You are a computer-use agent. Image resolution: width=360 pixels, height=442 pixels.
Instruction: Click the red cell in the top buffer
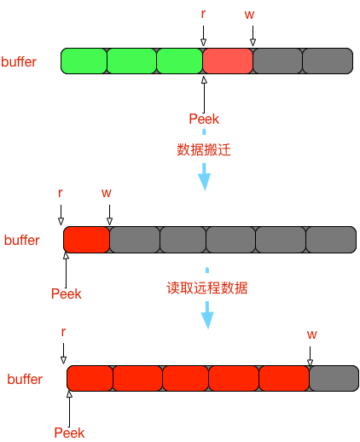[x=228, y=61]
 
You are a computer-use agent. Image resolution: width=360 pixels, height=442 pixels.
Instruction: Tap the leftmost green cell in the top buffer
[x=84, y=61]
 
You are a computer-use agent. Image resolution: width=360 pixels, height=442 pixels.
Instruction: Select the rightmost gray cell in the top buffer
[x=328, y=61]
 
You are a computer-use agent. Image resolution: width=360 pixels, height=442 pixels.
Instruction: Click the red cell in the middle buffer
[x=86, y=240]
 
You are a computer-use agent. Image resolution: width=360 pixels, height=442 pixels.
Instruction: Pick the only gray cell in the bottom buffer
[x=334, y=378]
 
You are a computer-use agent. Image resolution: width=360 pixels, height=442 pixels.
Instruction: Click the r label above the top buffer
[x=203, y=14]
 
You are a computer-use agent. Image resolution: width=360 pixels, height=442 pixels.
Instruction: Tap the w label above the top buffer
[x=249, y=15]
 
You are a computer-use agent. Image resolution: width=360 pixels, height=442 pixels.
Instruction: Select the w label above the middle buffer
[x=107, y=193]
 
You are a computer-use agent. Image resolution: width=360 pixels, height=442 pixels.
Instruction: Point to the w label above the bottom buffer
[x=311, y=334]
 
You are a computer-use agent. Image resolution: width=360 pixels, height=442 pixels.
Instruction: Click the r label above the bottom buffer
[x=63, y=332]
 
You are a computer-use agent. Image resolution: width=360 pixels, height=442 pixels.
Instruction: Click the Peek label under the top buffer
[x=204, y=119]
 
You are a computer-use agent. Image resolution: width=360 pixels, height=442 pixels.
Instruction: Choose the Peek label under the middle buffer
[x=67, y=294]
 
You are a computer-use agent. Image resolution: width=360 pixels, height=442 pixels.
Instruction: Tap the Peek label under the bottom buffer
[x=69, y=433]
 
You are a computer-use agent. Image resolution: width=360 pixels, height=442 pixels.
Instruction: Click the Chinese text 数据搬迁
[x=204, y=149]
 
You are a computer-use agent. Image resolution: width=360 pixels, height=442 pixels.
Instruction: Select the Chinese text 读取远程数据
[x=207, y=288]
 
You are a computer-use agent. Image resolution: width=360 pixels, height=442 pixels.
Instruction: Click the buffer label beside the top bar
[x=19, y=61]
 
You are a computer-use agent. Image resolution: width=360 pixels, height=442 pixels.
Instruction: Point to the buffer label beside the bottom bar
[x=25, y=379]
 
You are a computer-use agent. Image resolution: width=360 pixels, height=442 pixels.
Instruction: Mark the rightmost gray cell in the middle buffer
[x=331, y=240]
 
